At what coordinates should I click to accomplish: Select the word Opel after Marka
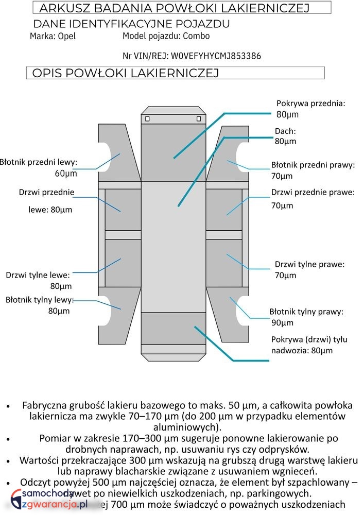click(x=67, y=37)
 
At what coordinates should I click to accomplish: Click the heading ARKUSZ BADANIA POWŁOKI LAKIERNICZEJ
click(x=174, y=8)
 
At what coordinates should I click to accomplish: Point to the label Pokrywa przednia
click(x=310, y=103)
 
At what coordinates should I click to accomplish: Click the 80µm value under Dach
click(x=285, y=141)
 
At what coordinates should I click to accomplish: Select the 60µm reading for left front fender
click(x=66, y=174)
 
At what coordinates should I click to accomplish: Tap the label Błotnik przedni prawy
click(x=313, y=165)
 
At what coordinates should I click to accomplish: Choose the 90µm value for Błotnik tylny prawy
click(x=282, y=323)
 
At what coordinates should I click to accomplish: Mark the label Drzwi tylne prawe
click(x=309, y=264)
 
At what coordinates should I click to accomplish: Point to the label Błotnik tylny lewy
click(x=40, y=300)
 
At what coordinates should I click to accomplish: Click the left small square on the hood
click(x=147, y=119)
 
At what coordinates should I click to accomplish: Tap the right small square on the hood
click(x=199, y=119)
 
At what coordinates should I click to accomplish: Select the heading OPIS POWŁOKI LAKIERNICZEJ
click(x=126, y=73)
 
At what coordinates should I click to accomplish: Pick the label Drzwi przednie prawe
click(x=313, y=193)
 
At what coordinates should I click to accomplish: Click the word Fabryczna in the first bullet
click(x=46, y=405)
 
